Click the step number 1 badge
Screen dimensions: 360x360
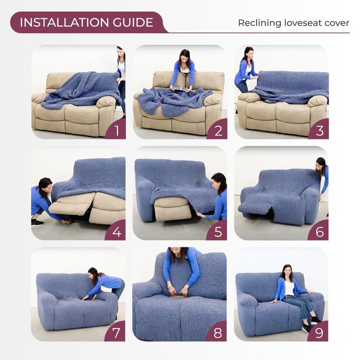click(116, 131)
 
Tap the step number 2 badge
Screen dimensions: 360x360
click(218, 131)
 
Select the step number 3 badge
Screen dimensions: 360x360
click(319, 131)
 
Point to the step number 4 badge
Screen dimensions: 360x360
click(116, 232)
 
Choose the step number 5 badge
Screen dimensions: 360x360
click(218, 232)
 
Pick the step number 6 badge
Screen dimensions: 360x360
click(319, 232)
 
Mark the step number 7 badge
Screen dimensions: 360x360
click(116, 333)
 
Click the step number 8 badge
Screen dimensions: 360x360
click(218, 333)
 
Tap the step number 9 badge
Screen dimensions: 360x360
click(319, 333)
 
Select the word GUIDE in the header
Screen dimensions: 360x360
click(135, 22)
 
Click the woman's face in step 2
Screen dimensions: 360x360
click(184, 58)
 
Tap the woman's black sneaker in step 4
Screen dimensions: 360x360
click(37, 222)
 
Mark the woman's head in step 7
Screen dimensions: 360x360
click(93, 273)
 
